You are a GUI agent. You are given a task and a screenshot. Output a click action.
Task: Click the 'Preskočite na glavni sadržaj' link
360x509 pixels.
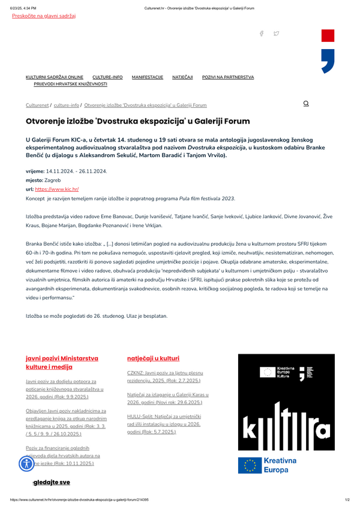(x=44, y=16)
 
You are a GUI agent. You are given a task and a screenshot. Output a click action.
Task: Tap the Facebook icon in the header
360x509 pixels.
(x=262, y=34)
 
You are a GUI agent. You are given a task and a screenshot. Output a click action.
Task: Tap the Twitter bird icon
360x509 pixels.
(x=276, y=34)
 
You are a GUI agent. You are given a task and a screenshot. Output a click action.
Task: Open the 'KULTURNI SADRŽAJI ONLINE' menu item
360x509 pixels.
(x=55, y=77)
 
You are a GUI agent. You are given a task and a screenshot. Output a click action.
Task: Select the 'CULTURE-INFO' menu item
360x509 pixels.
(x=107, y=77)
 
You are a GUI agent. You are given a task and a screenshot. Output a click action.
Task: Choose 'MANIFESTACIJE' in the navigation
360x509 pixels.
(x=148, y=77)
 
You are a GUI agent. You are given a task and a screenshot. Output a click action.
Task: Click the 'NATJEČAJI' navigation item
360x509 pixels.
(x=182, y=77)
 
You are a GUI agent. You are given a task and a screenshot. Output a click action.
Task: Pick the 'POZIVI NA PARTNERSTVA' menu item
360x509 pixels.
(x=228, y=77)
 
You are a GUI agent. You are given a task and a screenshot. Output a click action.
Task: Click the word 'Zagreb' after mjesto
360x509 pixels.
(x=54, y=180)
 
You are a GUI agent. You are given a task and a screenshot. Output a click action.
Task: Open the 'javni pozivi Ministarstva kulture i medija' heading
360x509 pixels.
(x=62, y=362)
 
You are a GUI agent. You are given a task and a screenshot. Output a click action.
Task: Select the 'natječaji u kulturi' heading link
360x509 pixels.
(x=154, y=358)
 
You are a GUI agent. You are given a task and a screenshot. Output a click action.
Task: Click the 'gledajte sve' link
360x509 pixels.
(x=52, y=482)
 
